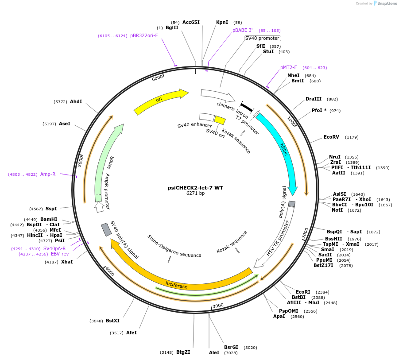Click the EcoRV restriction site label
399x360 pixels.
[x=331, y=137]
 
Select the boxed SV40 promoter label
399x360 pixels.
[x=262, y=38]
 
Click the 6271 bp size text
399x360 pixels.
[x=195, y=194]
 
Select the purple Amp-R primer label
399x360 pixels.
[x=48, y=174]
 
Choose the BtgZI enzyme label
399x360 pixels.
[x=183, y=352]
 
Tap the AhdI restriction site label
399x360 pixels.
[x=76, y=102]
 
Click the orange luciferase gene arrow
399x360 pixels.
[x=177, y=284]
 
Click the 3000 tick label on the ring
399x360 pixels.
[x=218, y=306]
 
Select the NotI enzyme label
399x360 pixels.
[x=337, y=210]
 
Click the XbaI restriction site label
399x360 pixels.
[x=67, y=262]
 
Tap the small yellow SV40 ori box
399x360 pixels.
[x=220, y=120]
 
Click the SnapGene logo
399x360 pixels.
[x=385, y=4]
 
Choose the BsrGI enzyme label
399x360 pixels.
[x=231, y=348]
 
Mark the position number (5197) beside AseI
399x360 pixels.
[x=49, y=124]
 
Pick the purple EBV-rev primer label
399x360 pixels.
[x=60, y=254]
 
